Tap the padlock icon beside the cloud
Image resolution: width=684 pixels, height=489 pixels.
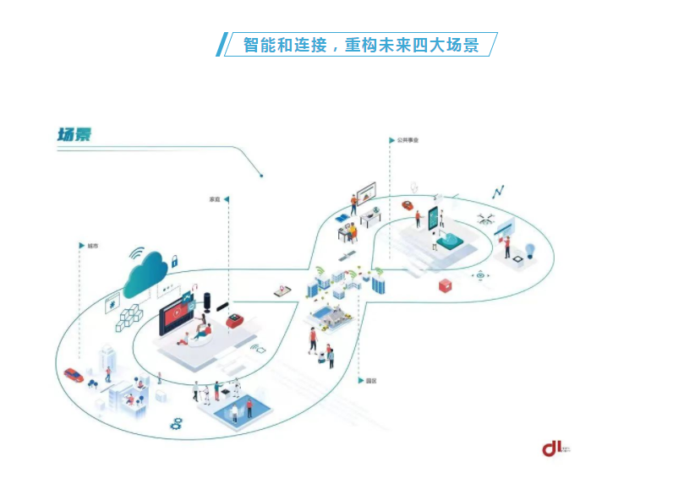(x=174, y=262)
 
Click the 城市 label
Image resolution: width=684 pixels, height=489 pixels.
(x=92, y=246)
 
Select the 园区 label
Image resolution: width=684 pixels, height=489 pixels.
(x=371, y=381)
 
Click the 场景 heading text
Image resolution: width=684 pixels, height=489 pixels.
(x=74, y=134)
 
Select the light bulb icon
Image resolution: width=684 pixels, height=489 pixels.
(x=531, y=250)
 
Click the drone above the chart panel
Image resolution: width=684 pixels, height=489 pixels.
(x=487, y=217)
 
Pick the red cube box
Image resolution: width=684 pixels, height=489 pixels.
(x=446, y=286)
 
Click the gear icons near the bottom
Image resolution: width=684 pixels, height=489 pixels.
(x=177, y=421)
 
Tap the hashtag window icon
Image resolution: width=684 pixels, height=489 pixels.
(x=112, y=302)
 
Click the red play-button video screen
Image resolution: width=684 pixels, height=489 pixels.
(x=178, y=312)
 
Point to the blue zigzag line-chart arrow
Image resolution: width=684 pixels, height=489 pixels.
(x=499, y=192)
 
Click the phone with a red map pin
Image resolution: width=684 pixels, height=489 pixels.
(x=282, y=291)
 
